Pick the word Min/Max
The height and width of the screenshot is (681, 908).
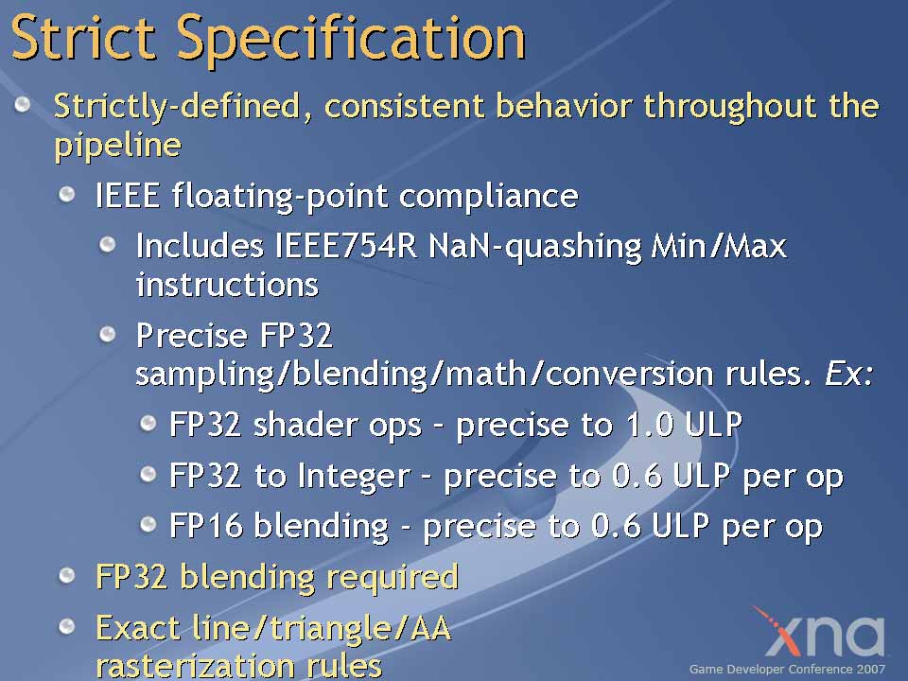[x=720, y=247]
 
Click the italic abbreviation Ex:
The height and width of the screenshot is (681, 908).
[x=848, y=374]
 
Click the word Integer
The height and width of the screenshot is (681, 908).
[x=354, y=476]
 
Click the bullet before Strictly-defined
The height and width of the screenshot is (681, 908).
[x=23, y=104]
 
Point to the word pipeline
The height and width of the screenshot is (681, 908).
[x=117, y=147]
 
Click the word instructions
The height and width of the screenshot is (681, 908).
[x=227, y=285]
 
